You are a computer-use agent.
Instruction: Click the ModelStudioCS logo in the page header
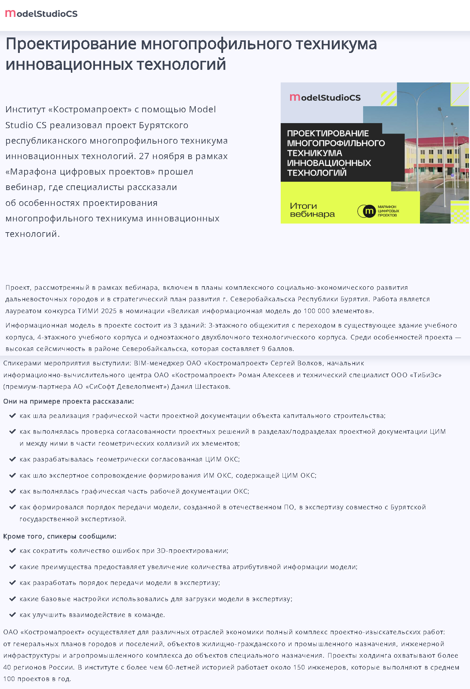41,14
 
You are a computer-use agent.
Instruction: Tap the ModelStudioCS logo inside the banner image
325,98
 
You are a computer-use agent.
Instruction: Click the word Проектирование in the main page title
71,44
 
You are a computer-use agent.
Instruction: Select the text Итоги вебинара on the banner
312,210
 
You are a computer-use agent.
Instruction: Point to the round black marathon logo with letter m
366,211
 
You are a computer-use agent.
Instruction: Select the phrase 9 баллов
279,348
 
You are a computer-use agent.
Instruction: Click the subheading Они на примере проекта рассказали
68,401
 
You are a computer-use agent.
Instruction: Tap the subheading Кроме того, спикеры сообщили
60,536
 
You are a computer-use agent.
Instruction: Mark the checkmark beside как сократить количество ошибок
13,550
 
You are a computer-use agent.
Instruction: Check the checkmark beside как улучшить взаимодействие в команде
13,614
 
